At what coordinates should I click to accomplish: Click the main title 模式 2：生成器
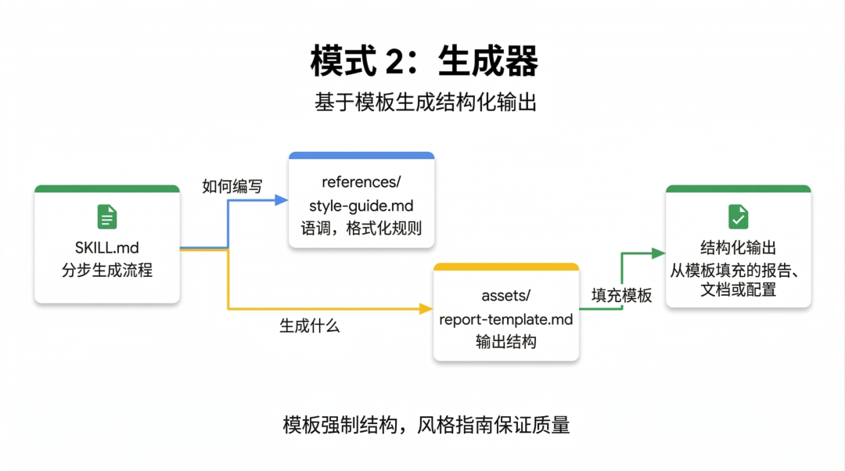pos(422,62)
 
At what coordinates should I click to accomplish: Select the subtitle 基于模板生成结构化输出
pos(422,102)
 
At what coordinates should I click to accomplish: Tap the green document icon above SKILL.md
pos(107,217)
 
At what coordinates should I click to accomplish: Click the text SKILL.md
pos(107,248)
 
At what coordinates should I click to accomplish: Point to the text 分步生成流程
pos(107,271)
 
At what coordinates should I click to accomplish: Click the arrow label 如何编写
pos(232,186)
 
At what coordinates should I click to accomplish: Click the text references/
pos(361,182)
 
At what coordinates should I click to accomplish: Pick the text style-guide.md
pos(361,206)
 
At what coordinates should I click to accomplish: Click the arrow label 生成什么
pos(310,326)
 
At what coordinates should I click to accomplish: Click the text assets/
pos(506,296)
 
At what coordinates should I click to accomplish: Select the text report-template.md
pos(506,319)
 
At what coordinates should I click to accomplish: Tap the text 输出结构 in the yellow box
pos(506,342)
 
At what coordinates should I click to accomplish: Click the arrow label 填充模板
pos(621,296)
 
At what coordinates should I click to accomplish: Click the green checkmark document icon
pos(738,217)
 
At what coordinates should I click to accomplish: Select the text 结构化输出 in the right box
pos(738,248)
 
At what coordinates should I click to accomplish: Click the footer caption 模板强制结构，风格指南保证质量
pos(426,425)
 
